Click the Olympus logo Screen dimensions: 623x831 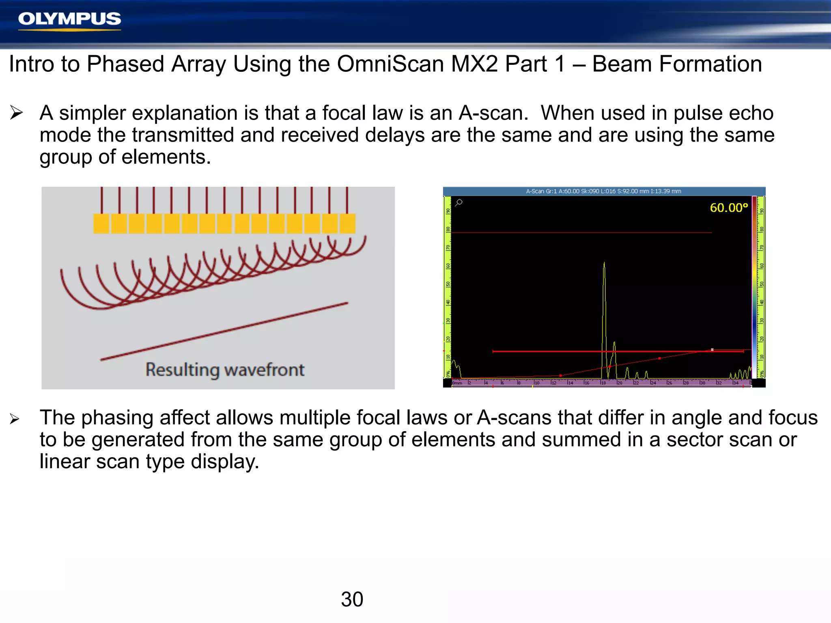[x=69, y=19]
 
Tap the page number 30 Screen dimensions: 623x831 [x=352, y=599]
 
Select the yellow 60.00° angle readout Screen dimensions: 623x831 [x=729, y=208]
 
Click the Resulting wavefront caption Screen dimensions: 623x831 [x=225, y=370]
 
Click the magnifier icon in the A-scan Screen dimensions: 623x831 [x=459, y=202]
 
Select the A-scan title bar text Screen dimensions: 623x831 [x=603, y=191]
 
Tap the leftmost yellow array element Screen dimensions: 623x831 [x=101, y=223]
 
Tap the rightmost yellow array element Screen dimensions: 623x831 [x=347, y=223]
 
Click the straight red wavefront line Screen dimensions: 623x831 [x=224, y=331]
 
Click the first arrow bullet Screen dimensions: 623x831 [x=16, y=113]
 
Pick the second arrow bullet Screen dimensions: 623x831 [x=15, y=419]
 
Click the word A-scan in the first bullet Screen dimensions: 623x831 [x=493, y=113]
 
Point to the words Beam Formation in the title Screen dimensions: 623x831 [x=677, y=64]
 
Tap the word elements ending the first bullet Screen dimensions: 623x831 [x=166, y=157]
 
